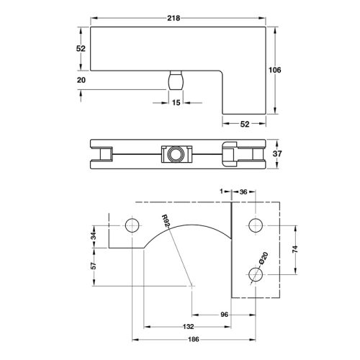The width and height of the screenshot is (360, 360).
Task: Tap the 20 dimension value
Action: click(x=81, y=80)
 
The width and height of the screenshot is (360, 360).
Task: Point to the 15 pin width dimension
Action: click(x=176, y=103)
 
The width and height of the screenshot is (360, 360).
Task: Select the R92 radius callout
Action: click(x=165, y=223)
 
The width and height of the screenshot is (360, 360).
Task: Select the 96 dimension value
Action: click(x=224, y=315)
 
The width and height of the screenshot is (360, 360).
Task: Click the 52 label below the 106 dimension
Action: click(x=245, y=124)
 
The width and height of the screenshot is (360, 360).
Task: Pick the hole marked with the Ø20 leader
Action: click(x=253, y=275)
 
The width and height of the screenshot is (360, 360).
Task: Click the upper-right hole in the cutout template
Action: click(x=253, y=225)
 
